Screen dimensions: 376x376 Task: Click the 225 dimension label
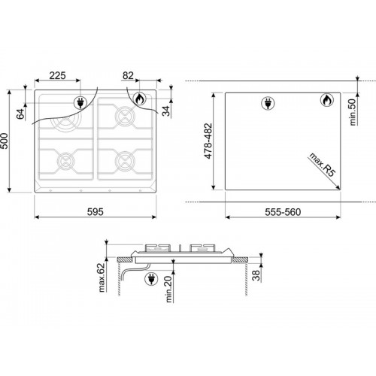tap(57, 75)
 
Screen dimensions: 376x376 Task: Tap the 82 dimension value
tap(128, 75)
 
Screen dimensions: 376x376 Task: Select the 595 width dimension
tap(96, 212)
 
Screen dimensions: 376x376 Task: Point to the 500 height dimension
tap(5, 141)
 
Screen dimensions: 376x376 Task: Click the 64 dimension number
tap(21, 114)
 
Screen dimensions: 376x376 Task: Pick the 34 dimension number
tap(165, 111)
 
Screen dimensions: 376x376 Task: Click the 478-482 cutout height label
tap(208, 141)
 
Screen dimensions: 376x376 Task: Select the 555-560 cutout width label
tap(283, 212)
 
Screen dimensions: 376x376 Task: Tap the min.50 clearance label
tap(353, 112)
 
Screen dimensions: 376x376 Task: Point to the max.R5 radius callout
tap(322, 165)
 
